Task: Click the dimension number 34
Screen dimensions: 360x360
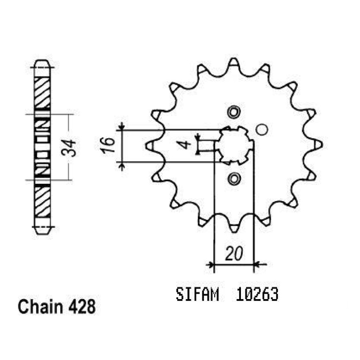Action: coord(69,148)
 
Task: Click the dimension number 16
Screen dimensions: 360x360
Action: coord(107,145)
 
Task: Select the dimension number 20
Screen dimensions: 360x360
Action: coord(234,254)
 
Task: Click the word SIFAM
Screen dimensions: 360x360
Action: coord(197,295)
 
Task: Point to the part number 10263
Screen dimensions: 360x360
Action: coord(257,295)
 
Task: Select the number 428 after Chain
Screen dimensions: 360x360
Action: coord(82,307)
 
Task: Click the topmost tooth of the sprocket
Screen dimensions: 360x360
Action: coord(234,62)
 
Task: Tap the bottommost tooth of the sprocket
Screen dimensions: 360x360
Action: coord(234,228)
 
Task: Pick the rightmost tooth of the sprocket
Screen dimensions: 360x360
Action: coord(318,145)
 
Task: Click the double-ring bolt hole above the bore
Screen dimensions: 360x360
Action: coord(234,112)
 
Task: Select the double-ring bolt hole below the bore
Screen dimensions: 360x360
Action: coord(234,178)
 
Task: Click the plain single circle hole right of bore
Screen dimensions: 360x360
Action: coord(262,130)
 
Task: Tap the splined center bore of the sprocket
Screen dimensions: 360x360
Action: coord(234,145)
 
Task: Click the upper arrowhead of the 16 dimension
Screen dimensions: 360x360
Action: coord(122,127)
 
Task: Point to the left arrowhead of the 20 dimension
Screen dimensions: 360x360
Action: coord(210,264)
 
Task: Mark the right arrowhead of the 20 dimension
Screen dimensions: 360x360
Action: coord(258,264)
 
